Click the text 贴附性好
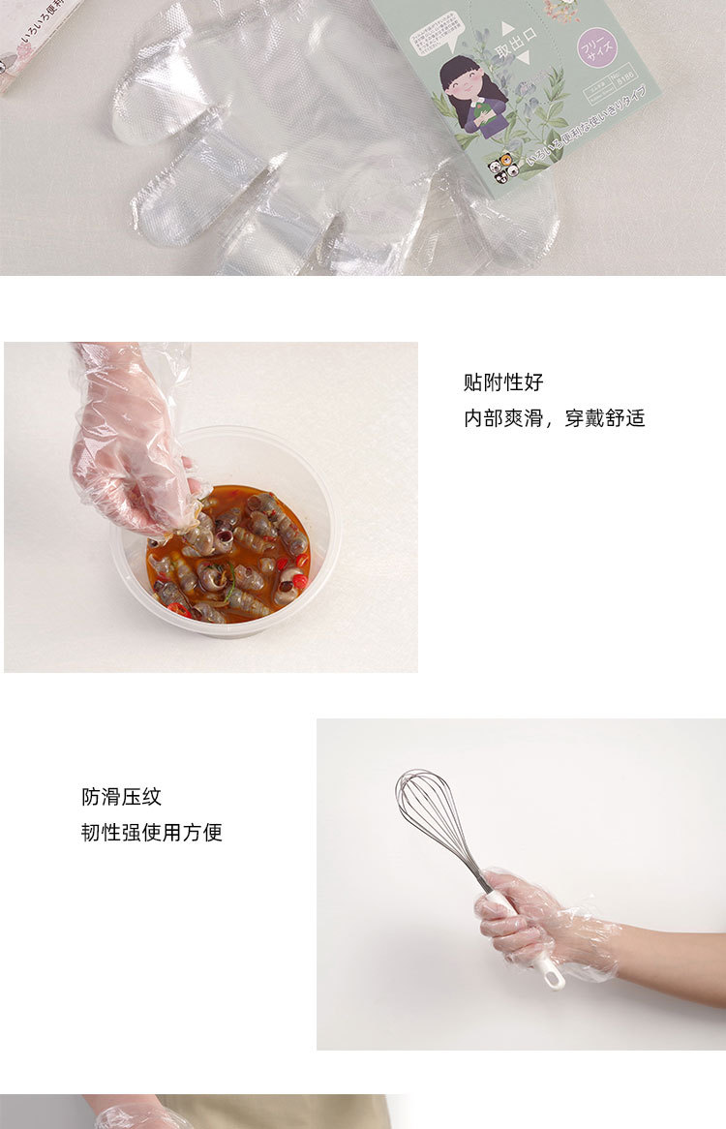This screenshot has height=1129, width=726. (x=503, y=382)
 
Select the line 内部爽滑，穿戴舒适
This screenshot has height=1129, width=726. (x=554, y=418)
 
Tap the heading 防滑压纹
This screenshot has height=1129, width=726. (x=121, y=797)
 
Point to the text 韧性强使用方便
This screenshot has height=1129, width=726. (x=151, y=833)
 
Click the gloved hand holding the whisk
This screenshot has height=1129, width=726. (x=518, y=920)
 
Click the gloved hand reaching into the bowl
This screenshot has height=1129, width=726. (x=126, y=445)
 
